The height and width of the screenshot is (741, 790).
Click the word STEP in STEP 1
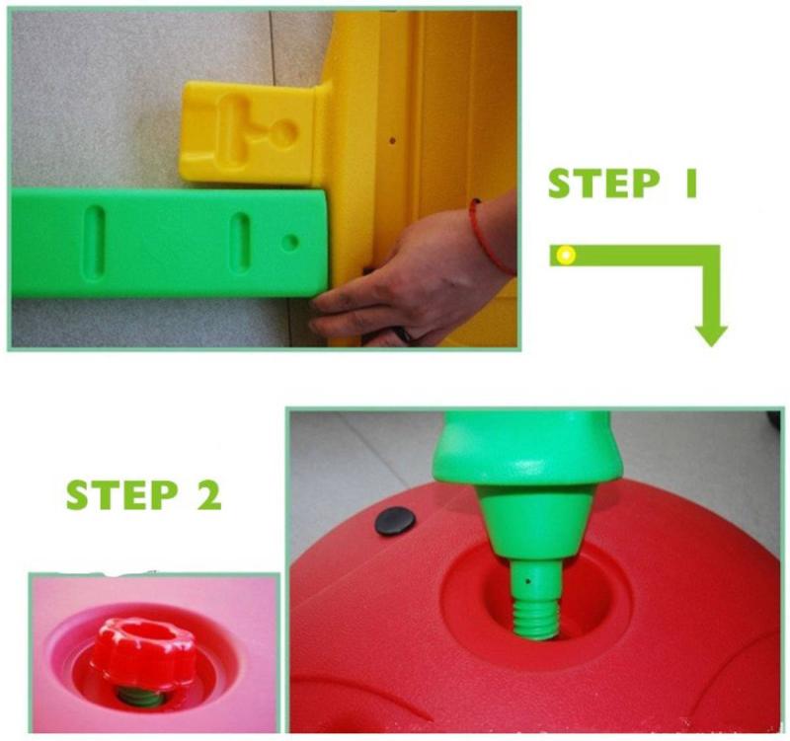click(x=603, y=184)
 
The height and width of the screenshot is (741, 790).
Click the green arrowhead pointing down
click(x=711, y=336)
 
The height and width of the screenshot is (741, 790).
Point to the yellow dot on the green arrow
click(x=566, y=255)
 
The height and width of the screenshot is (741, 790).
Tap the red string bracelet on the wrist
click(x=488, y=236)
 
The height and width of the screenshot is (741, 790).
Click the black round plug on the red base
click(x=395, y=521)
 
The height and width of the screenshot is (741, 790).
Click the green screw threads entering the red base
click(x=535, y=620)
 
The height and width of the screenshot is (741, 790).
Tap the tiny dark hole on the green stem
click(x=527, y=581)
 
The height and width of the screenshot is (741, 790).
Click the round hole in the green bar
click(x=289, y=242)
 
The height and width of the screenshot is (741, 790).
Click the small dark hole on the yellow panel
click(x=392, y=140)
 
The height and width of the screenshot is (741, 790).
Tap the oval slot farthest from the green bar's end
click(x=94, y=240)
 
